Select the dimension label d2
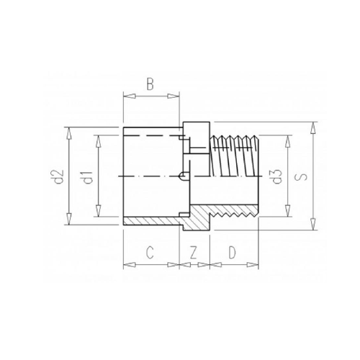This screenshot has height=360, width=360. pos(58,176)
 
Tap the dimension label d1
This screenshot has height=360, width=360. pos(88,178)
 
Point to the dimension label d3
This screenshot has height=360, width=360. pos(277,176)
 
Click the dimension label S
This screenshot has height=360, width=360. pos(303,176)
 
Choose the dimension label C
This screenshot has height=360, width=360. pos(150,253)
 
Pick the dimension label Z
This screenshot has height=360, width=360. pos(194,253)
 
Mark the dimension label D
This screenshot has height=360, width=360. pos(232,253)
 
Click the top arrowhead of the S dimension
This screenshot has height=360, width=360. pos(312,127)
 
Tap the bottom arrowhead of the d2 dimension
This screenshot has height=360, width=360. pos(69,219)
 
